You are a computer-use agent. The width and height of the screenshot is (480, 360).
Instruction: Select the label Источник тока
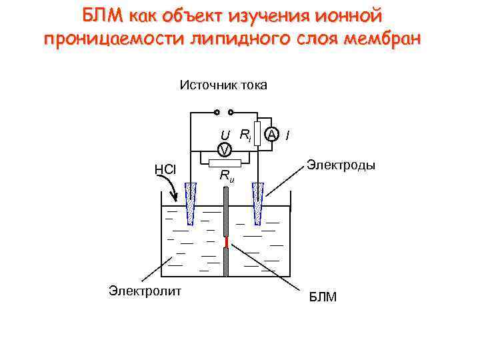click(x=223, y=85)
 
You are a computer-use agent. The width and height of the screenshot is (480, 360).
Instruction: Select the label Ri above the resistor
click(x=245, y=135)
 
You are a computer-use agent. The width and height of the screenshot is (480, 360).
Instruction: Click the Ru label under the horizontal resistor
click(x=227, y=176)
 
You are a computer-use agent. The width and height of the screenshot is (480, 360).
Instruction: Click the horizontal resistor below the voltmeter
click(x=225, y=163)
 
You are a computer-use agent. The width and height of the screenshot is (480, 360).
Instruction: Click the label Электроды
click(x=340, y=164)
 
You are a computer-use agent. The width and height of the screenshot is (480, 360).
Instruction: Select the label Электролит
click(x=145, y=289)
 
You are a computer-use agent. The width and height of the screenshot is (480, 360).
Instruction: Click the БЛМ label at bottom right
click(x=322, y=297)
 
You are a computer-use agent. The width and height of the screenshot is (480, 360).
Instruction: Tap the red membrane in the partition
click(x=227, y=241)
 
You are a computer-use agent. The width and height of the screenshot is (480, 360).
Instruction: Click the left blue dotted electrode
click(x=192, y=200)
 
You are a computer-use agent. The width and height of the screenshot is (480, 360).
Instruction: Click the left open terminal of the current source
click(x=217, y=112)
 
